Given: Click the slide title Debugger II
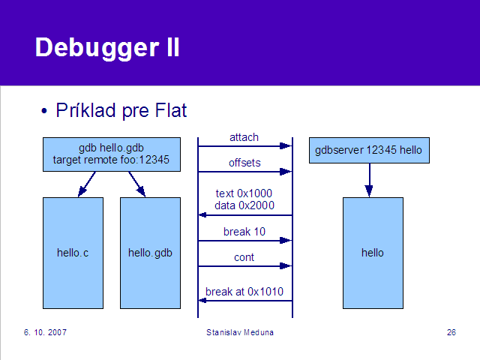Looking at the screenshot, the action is coord(107,48).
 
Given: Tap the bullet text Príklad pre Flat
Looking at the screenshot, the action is coord(121,110).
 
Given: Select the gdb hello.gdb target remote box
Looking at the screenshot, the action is coord(112,154).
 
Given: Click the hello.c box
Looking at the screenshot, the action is coord(73,253).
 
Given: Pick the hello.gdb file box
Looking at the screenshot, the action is coord(150,253).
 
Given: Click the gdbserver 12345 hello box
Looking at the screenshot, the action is coord(369,150).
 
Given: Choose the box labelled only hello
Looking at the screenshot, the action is coord(373,253).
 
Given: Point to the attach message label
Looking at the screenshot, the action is coord(244,137).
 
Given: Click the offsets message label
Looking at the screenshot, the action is coord(244,163).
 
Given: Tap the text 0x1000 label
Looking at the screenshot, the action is coord(244,193).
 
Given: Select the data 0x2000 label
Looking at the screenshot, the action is coord(244,205).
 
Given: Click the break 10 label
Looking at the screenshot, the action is coord(244,232).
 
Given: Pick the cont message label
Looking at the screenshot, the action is coord(244,257).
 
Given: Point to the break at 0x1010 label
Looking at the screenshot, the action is coord(244,292).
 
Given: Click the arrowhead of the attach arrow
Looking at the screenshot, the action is coord(286,146).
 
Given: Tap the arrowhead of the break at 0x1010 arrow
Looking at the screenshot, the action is coord(202,301).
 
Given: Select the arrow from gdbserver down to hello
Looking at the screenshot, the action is coord(369,180).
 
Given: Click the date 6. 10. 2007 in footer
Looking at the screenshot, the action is coord(45,332).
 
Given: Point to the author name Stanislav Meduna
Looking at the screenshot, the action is coord(240,332).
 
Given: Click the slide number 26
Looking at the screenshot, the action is coord(451,332).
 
